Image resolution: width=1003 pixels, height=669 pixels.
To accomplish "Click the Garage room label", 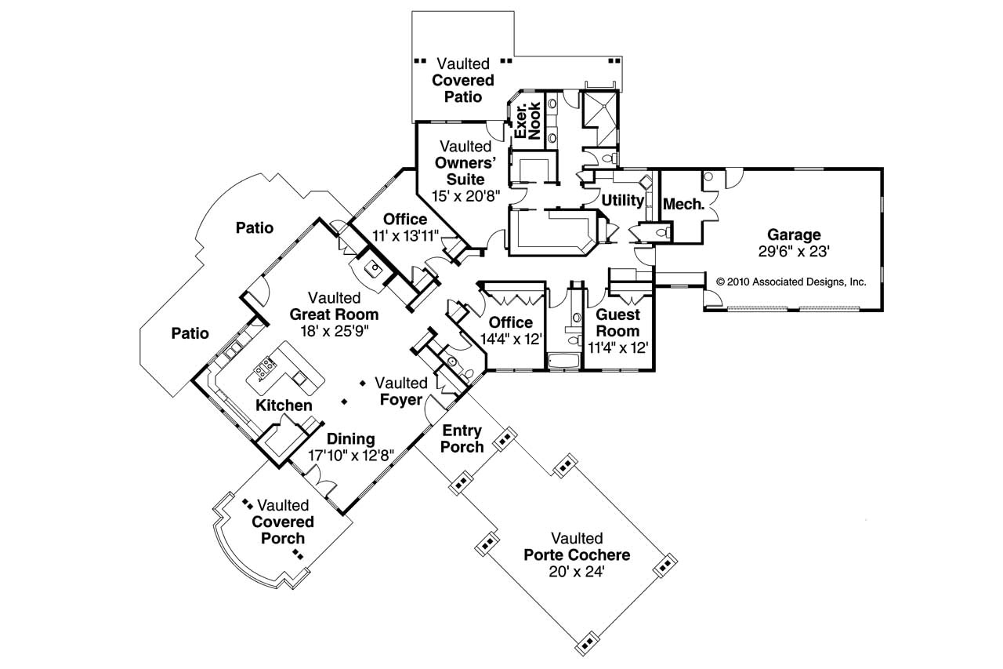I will [x=794, y=234].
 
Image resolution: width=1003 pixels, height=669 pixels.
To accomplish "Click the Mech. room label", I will [x=684, y=205].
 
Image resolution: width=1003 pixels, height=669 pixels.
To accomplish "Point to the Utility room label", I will [x=622, y=201].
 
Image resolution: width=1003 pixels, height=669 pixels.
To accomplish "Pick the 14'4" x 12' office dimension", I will [x=511, y=339].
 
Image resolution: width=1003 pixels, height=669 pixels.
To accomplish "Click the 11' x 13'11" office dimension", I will [x=405, y=235].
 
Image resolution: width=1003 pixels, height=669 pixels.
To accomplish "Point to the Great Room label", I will [x=334, y=315].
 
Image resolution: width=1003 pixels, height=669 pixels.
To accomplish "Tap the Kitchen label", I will [x=284, y=405].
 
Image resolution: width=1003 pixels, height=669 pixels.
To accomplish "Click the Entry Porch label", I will [x=462, y=438].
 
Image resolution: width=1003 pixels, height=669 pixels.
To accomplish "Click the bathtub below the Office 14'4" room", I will [x=563, y=362].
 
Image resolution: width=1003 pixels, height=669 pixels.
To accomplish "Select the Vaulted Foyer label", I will [x=400, y=391].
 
